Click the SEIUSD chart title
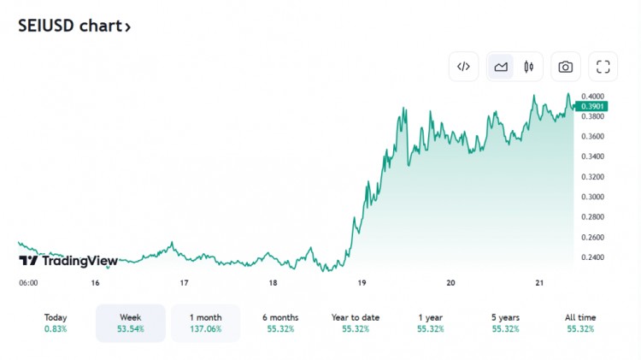[x=74, y=26]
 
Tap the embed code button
[x=463, y=67]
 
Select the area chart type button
[x=501, y=67]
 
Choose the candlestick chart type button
[x=528, y=67]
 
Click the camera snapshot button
[x=565, y=67]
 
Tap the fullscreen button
[x=603, y=67]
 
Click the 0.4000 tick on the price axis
[x=592, y=96]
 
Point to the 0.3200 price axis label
[x=592, y=176]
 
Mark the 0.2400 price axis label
[x=592, y=257]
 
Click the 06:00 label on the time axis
[x=28, y=283]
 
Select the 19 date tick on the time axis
[x=362, y=283]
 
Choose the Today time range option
[x=56, y=322]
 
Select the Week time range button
[x=131, y=322]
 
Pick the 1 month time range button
[x=205, y=322]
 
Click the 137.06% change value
[x=205, y=329]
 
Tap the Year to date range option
[x=356, y=322]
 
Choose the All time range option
[x=581, y=322]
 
